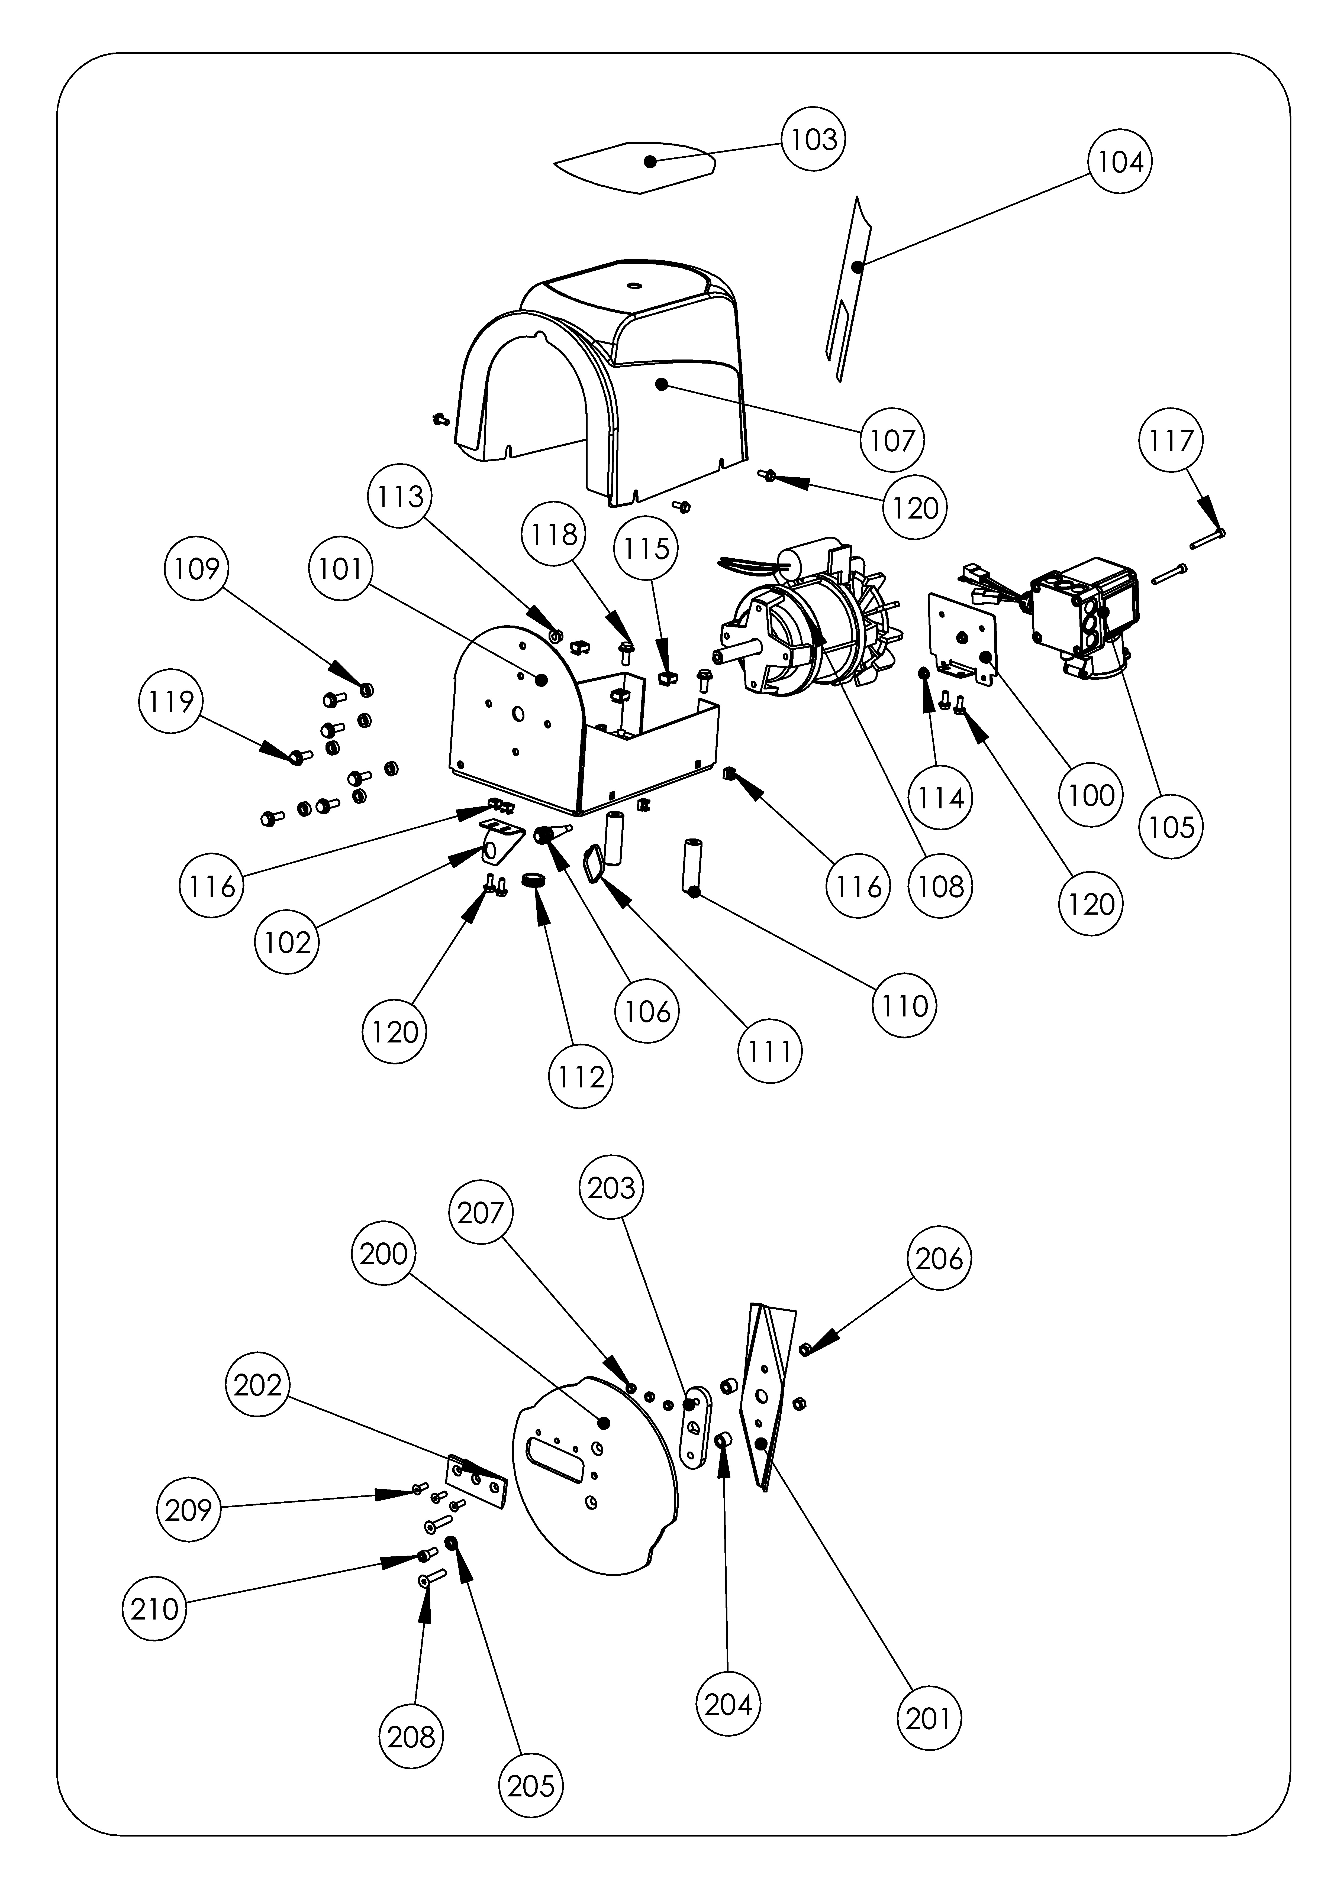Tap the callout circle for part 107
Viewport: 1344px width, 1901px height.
892,440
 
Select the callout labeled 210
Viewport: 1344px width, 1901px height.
155,1609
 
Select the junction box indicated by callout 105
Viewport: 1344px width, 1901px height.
1085,613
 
